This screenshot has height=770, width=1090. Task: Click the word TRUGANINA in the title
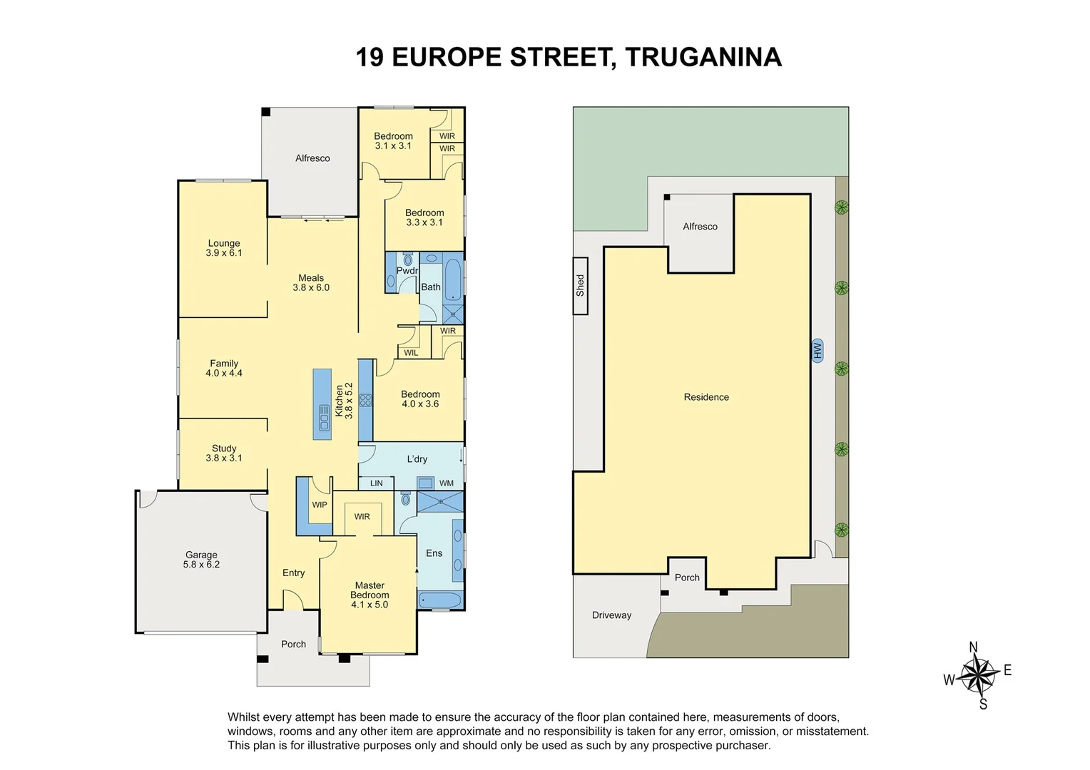click(x=703, y=57)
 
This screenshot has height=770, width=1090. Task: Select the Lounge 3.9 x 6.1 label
click(x=224, y=248)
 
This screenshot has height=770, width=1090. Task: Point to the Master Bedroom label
click(x=370, y=595)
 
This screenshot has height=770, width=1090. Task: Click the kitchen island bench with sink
click(x=322, y=404)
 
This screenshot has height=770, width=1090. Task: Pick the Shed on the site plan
click(x=580, y=285)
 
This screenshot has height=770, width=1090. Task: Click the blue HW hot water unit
click(x=817, y=350)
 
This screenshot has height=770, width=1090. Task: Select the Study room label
click(x=224, y=453)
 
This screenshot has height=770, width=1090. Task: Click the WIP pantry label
click(x=320, y=505)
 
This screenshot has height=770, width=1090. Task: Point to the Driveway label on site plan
click(x=611, y=615)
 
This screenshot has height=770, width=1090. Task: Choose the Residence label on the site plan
click(x=706, y=397)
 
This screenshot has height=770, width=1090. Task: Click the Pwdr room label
click(x=407, y=271)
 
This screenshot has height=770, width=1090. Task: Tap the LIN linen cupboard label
click(x=376, y=483)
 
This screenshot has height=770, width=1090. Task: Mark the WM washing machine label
click(x=447, y=483)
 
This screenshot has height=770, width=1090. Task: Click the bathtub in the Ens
click(x=440, y=600)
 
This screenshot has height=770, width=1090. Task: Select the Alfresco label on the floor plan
click(x=312, y=158)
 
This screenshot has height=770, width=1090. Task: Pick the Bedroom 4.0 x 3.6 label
click(x=420, y=399)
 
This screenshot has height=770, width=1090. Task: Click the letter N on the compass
click(x=974, y=647)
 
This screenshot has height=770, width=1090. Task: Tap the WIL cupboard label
click(x=411, y=353)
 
